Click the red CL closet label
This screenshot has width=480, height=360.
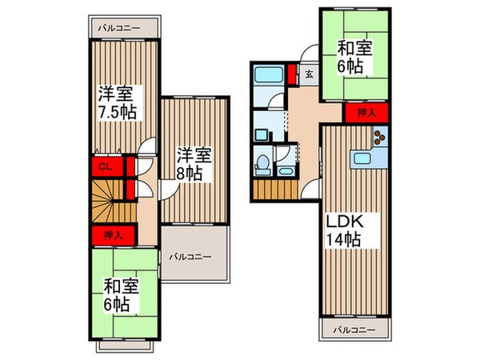pos(103,167)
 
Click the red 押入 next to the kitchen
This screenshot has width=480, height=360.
pos(366,114)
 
